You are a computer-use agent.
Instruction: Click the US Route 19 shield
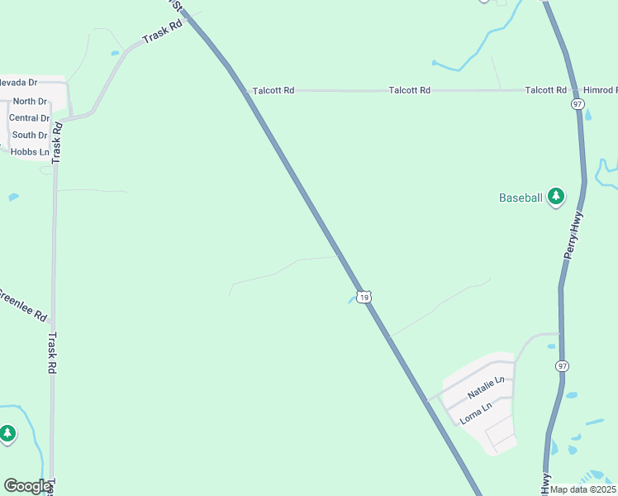(x=364, y=296)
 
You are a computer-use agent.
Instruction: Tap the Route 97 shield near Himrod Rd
(x=578, y=104)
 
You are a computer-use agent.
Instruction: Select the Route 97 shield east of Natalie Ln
(x=563, y=365)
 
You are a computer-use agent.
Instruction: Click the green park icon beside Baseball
(x=557, y=197)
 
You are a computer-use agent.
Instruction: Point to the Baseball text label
(x=521, y=198)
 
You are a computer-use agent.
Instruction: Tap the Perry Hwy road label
(x=576, y=236)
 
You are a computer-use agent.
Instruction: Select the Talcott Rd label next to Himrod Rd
(x=545, y=90)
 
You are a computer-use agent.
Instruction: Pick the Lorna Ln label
(x=476, y=410)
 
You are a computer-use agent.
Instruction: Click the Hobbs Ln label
(x=29, y=152)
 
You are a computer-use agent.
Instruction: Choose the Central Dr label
(x=29, y=118)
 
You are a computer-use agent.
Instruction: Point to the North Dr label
(x=31, y=102)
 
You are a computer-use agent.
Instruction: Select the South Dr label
(x=30, y=136)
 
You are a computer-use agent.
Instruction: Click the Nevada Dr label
(x=18, y=83)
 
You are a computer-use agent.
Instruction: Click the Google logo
(x=27, y=486)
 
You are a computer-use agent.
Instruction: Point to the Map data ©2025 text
(x=582, y=489)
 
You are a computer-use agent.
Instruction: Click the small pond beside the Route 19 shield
(x=351, y=300)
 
